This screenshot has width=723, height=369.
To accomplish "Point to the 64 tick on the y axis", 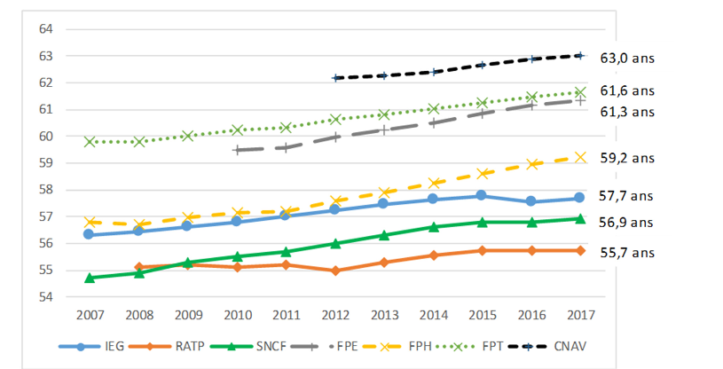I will pyautogui.click(x=47, y=29).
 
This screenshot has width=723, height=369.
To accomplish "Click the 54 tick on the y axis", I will pyautogui.click(x=47, y=296).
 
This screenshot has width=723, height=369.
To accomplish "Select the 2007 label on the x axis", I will pyautogui.click(x=90, y=315).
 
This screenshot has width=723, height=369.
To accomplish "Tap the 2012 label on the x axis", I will pyautogui.click(x=335, y=315).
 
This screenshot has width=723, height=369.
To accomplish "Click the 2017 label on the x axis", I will pyautogui.click(x=580, y=315).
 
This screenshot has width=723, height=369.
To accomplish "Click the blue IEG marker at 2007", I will pyautogui.click(x=90, y=234).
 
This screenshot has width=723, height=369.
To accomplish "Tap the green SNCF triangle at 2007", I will pyautogui.click(x=90, y=278).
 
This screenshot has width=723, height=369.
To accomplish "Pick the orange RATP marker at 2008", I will pyautogui.click(x=139, y=267).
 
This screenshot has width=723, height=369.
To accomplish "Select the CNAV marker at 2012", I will pyautogui.click(x=335, y=78).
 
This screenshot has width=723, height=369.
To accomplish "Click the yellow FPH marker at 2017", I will pyautogui.click(x=580, y=157).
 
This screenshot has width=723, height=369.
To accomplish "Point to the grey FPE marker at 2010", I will pyautogui.click(x=237, y=150).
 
